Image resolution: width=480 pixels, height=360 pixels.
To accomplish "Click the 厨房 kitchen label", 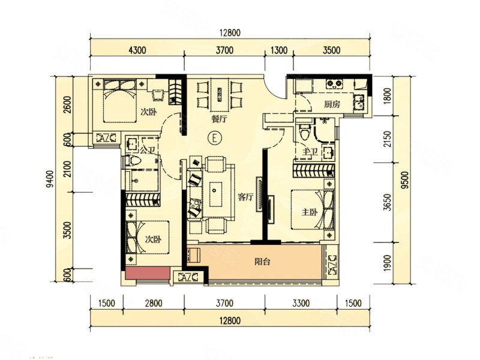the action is pos(332,104).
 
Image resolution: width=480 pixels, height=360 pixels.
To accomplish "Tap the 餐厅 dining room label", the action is pos(220,119).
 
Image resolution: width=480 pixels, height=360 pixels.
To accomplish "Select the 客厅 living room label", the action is pos(245,197).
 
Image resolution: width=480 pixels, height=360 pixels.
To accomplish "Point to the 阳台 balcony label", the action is pos(262,262).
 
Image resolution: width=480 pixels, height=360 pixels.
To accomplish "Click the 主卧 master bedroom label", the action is pos(310,212).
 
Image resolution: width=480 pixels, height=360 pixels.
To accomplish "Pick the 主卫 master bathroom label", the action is pos(310,152).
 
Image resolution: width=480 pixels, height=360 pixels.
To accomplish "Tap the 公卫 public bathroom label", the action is pos(148,151).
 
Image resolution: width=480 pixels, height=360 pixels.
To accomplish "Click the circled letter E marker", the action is pos(215,138).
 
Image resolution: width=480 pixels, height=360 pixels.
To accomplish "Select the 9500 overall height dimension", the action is pos(405,180).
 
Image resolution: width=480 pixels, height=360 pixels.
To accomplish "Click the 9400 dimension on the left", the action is pos(50,179).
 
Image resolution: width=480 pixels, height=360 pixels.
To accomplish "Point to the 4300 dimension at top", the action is pos(137,50).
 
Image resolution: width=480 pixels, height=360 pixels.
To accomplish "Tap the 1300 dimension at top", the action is pos(279,50).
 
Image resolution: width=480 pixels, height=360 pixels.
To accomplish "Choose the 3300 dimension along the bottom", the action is pos(301,304).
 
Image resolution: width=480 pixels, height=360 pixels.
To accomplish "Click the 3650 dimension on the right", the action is pos(388,202).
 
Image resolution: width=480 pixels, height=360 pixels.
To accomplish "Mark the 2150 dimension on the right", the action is pos(388,139).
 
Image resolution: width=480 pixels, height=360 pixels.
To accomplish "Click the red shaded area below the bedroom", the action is pos(148,273).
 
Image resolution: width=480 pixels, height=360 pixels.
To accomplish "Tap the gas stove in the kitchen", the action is pos(334,83).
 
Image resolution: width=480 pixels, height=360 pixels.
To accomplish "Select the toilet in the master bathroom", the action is pos(305,132).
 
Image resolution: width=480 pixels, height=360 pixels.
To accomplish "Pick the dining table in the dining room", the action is pos(220,94).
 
